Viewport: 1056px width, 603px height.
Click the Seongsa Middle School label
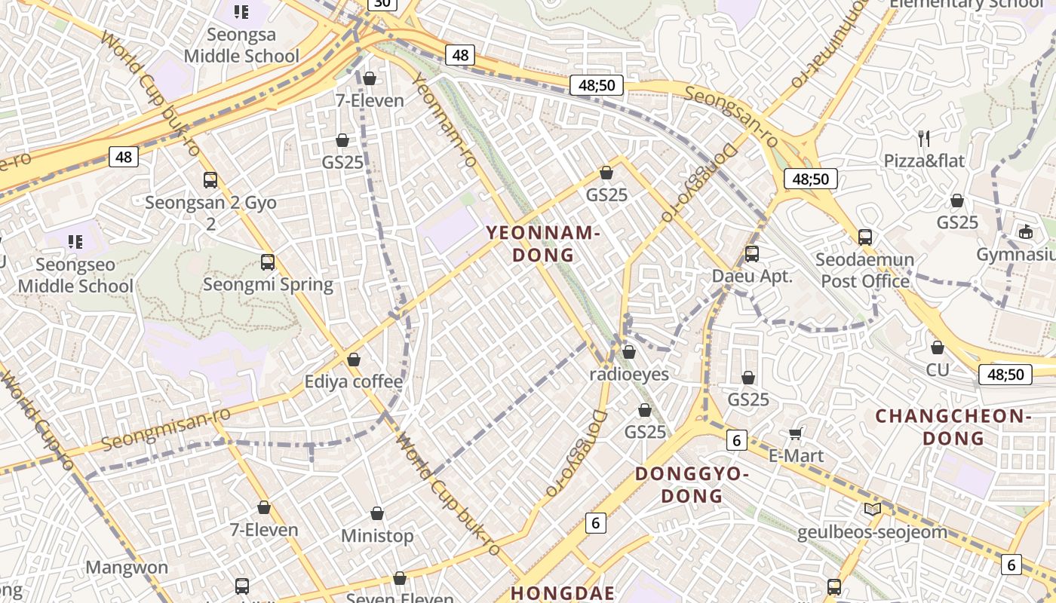[241, 45]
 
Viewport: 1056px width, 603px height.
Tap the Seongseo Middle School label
[75, 275]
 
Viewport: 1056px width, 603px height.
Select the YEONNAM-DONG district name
[543, 243]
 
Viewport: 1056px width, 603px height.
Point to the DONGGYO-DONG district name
[692, 485]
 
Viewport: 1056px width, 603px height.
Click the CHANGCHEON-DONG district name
[953, 427]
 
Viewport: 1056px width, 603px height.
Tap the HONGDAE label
[563, 592]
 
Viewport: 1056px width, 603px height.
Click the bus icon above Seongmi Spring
[268, 262]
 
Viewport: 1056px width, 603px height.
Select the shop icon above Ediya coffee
[354, 360]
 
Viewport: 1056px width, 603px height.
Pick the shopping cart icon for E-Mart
[795, 433]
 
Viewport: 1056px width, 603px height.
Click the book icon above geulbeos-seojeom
[873, 510]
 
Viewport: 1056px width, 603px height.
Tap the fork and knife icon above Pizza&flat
[924, 138]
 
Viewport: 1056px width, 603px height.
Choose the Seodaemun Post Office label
[864, 271]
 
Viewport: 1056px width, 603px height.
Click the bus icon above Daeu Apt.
[752, 254]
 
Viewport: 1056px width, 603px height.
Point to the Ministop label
[377, 536]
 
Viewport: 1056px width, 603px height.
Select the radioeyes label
[629, 374]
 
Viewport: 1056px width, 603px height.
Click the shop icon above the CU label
[938, 347]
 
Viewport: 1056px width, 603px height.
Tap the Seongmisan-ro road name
[166, 428]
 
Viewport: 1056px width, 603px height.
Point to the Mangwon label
[127, 568]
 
